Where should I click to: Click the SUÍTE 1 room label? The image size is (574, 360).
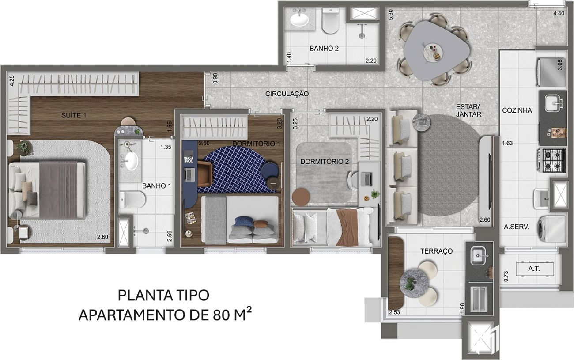tap(74, 115)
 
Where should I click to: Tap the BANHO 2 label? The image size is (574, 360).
tap(324, 49)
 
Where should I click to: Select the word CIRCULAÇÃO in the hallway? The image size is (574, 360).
tap(287, 94)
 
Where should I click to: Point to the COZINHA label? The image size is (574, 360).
tap(517, 110)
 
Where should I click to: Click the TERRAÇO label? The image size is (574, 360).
tap(436, 251)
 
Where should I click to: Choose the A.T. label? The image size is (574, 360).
tap(534, 269)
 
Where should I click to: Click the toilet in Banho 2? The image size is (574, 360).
tap(330, 20)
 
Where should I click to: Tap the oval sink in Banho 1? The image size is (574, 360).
tap(132, 161)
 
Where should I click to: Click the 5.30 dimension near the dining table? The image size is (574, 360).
tap(390, 15)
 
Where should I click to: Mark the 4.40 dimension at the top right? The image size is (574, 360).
tap(559, 13)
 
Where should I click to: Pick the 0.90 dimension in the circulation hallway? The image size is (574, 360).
tap(215, 78)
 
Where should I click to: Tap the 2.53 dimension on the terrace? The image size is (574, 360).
tap(394, 312)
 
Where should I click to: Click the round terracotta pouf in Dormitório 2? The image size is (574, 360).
tap(301, 197)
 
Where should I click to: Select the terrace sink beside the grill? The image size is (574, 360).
tap(479, 256)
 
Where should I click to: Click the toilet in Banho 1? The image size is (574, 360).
tap(132, 200)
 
